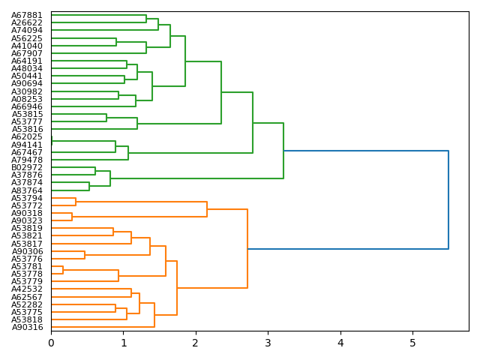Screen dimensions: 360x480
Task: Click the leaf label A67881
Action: [27, 15]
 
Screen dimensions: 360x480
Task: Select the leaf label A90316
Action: [27, 327]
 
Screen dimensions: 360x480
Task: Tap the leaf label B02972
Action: [27, 167]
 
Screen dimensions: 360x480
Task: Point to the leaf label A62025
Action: [27, 137]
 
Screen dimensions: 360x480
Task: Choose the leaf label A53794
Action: [27, 198]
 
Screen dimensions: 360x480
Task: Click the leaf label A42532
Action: [27, 289]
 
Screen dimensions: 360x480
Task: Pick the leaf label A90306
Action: [27, 251]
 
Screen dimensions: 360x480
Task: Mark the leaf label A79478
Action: [27, 160]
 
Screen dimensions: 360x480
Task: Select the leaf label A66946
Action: [27, 106]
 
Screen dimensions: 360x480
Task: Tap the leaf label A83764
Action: [27, 190]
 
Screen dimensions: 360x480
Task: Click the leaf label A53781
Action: [27, 266]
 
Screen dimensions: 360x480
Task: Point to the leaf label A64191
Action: [27, 61]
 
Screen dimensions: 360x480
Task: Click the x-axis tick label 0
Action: [51, 343]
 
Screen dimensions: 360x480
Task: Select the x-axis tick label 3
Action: [268, 343]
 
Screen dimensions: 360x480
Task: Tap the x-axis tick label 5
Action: [412, 343]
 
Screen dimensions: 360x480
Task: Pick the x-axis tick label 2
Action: [196, 343]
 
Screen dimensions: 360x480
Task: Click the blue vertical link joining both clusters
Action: [448, 199]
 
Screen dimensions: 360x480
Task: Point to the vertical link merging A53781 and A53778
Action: [63, 270]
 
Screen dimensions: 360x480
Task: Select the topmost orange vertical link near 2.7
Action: [247, 248]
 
